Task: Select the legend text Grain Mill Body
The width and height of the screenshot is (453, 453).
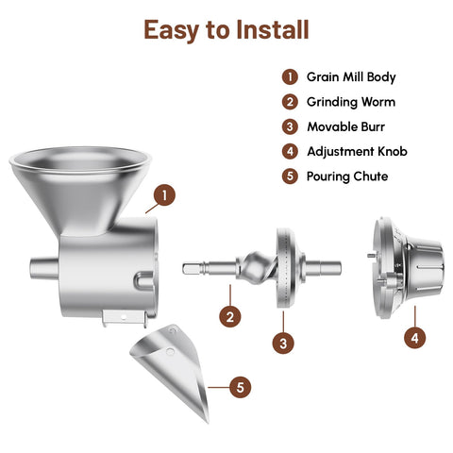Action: (x=352, y=77)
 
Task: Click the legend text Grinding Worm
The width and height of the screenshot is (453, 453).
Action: (x=351, y=102)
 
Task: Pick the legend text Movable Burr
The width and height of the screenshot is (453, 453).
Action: (x=346, y=126)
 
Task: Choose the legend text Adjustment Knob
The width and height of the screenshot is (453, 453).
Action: (x=358, y=151)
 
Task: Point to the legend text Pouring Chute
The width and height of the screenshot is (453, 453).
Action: (x=347, y=176)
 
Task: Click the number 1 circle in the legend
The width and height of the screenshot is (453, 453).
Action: (x=290, y=77)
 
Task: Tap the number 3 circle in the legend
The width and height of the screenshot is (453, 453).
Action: (x=290, y=126)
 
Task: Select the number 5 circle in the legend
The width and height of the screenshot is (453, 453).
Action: (x=290, y=176)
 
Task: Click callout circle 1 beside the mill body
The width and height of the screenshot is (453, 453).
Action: (x=165, y=195)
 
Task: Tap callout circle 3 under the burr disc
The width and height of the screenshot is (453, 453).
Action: (x=282, y=343)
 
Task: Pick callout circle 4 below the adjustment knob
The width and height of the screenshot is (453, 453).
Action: (x=412, y=337)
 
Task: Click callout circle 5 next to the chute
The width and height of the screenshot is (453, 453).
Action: (x=241, y=387)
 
